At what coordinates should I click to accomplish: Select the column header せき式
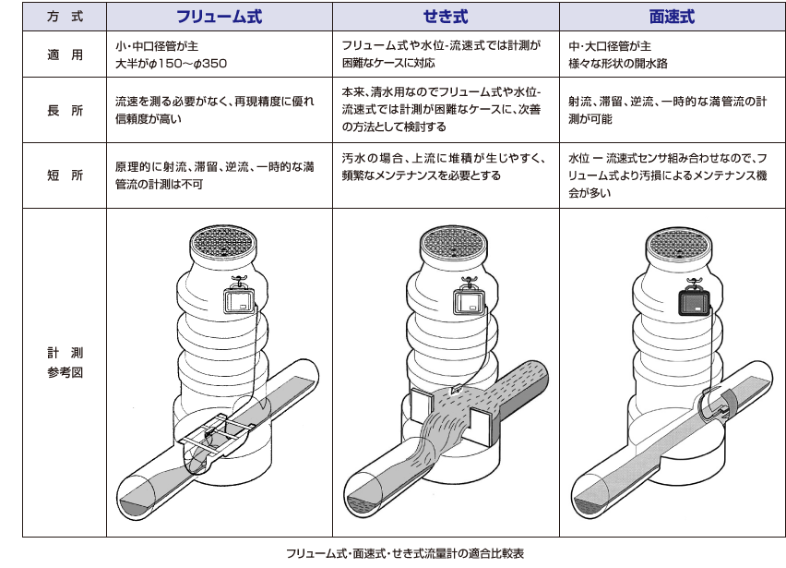click(x=446, y=18)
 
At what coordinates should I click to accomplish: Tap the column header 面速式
click(x=671, y=18)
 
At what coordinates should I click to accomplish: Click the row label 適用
click(x=65, y=54)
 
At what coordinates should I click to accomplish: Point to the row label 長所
click(x=65, y=110)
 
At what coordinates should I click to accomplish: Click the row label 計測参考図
click(x=65, y=361)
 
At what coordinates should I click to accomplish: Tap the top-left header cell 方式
click(x=65, y=18)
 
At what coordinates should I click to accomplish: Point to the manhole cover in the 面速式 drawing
click(x=678, y=245)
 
